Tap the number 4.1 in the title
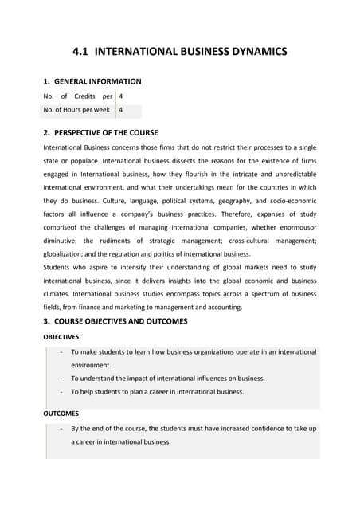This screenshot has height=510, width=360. pyautogui.click(x=83, y=53)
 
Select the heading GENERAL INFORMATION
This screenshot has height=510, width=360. pyautogui.click(x=98, y=81)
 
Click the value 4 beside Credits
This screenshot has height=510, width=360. pyautogui.click(x=121, y=96)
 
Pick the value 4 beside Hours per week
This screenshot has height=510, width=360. pyautogui.click(x=121, y=110)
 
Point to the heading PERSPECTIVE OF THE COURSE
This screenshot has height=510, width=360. pyautogui.click(x=106, y=132)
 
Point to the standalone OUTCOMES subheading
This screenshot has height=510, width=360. pyautogui.click(x=60, y=414)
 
